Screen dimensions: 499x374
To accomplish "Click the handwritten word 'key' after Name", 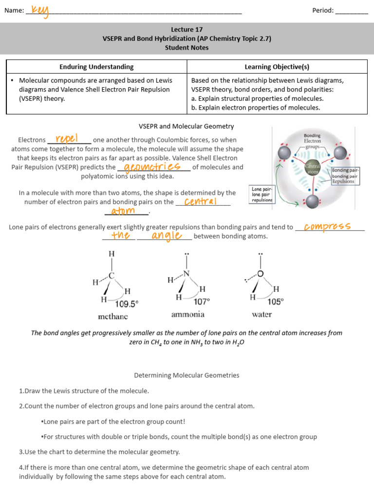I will tap(40, 11).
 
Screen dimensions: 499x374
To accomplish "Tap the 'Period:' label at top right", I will tap(323, 10).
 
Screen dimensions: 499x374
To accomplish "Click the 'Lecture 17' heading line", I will tap(187, 29).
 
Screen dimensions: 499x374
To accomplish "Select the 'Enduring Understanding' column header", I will tap(96, 67).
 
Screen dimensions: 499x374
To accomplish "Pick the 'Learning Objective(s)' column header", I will tap(277, 67).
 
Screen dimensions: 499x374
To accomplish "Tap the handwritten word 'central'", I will tap(200, 201).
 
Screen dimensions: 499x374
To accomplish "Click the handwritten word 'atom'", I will tap(123, 211).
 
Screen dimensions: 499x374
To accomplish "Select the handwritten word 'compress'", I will tap(327, 226).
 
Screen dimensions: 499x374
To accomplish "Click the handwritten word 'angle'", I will tap(166, 236).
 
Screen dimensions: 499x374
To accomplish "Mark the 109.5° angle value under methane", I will tap(127, 303).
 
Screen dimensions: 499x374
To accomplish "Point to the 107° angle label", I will tap(202, 302).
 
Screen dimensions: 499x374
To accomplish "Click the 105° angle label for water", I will tap(275, 302).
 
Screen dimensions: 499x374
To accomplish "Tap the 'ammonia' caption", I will tap(187, 314).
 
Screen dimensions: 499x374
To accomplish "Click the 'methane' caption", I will tap(112, 316).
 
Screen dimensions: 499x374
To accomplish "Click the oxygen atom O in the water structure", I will tap(261, 274).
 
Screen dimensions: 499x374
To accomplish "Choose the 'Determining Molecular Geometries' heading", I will tap(187, 375).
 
